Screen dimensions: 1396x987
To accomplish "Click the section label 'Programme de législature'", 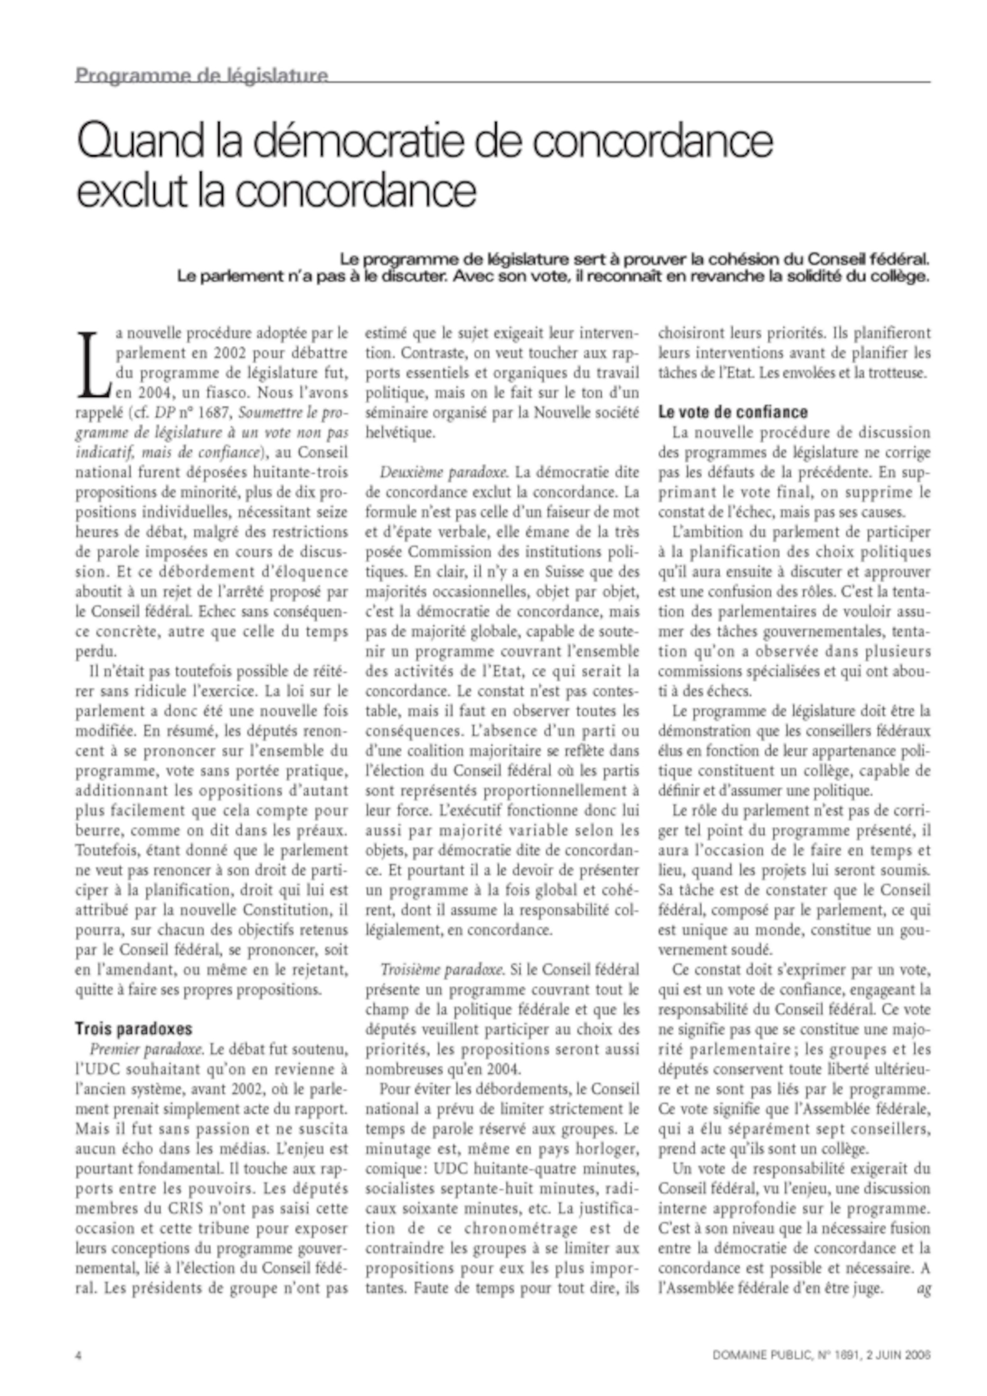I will (x=201, y=75).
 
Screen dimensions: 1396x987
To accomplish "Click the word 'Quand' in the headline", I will (x=139, y=141).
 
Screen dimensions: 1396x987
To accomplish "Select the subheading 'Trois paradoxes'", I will (x=133, y=1029).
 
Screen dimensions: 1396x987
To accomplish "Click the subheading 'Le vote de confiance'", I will (x=733, y=412).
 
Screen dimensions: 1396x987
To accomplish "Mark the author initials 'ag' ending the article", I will (x=923, y=1288).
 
